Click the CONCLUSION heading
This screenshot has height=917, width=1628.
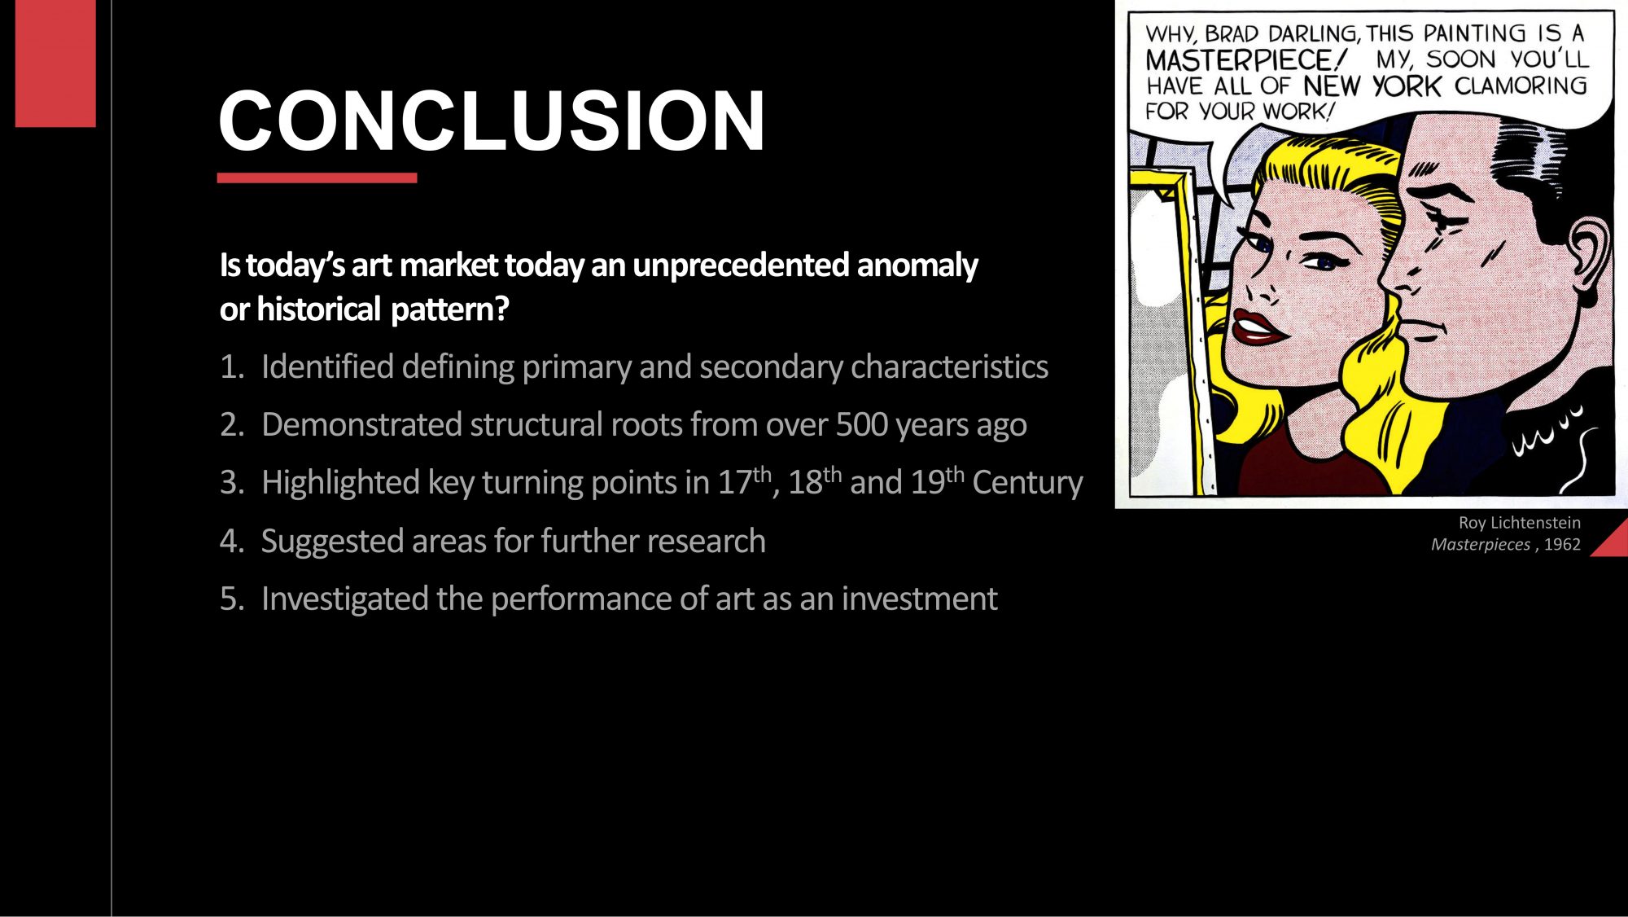492,121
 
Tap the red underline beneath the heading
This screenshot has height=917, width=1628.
317,178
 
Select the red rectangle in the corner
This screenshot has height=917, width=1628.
55,63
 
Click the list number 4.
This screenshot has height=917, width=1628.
230,542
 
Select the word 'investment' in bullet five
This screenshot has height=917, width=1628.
919,599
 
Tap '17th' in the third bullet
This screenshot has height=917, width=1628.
743,481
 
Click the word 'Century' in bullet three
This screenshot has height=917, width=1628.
1027,483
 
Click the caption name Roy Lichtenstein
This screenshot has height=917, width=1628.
1519,523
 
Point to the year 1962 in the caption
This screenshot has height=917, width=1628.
1562,545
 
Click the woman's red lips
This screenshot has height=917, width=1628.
1257,327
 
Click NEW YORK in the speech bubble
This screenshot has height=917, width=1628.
1372,86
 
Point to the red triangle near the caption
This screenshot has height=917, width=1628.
1613,542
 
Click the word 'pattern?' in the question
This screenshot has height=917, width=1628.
449,310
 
